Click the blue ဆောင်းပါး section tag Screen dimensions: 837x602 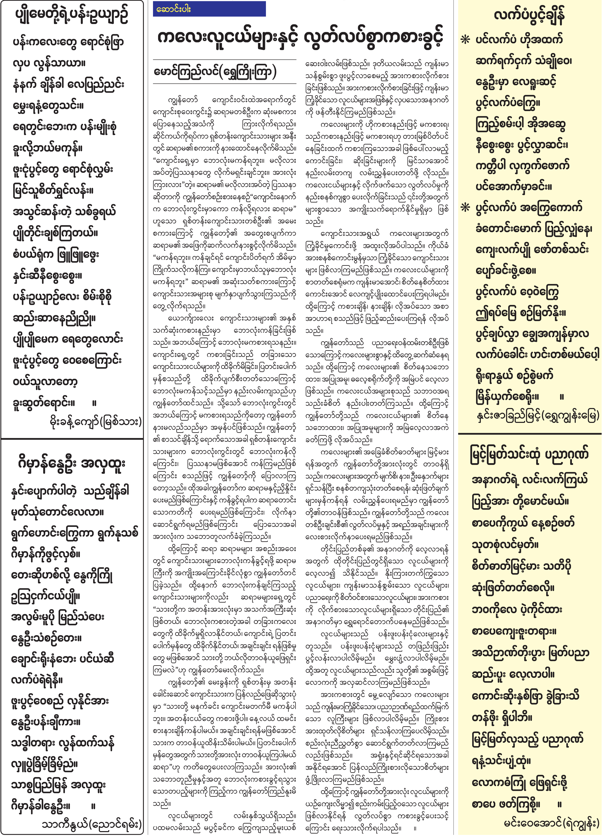[209, 9]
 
